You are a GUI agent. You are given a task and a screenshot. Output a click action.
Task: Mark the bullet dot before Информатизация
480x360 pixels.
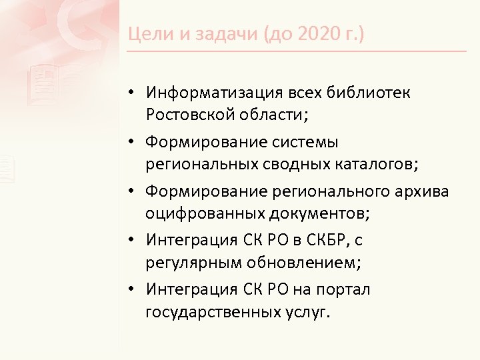[134, 91]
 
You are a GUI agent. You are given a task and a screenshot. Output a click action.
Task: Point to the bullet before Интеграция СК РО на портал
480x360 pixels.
[134, 289]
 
